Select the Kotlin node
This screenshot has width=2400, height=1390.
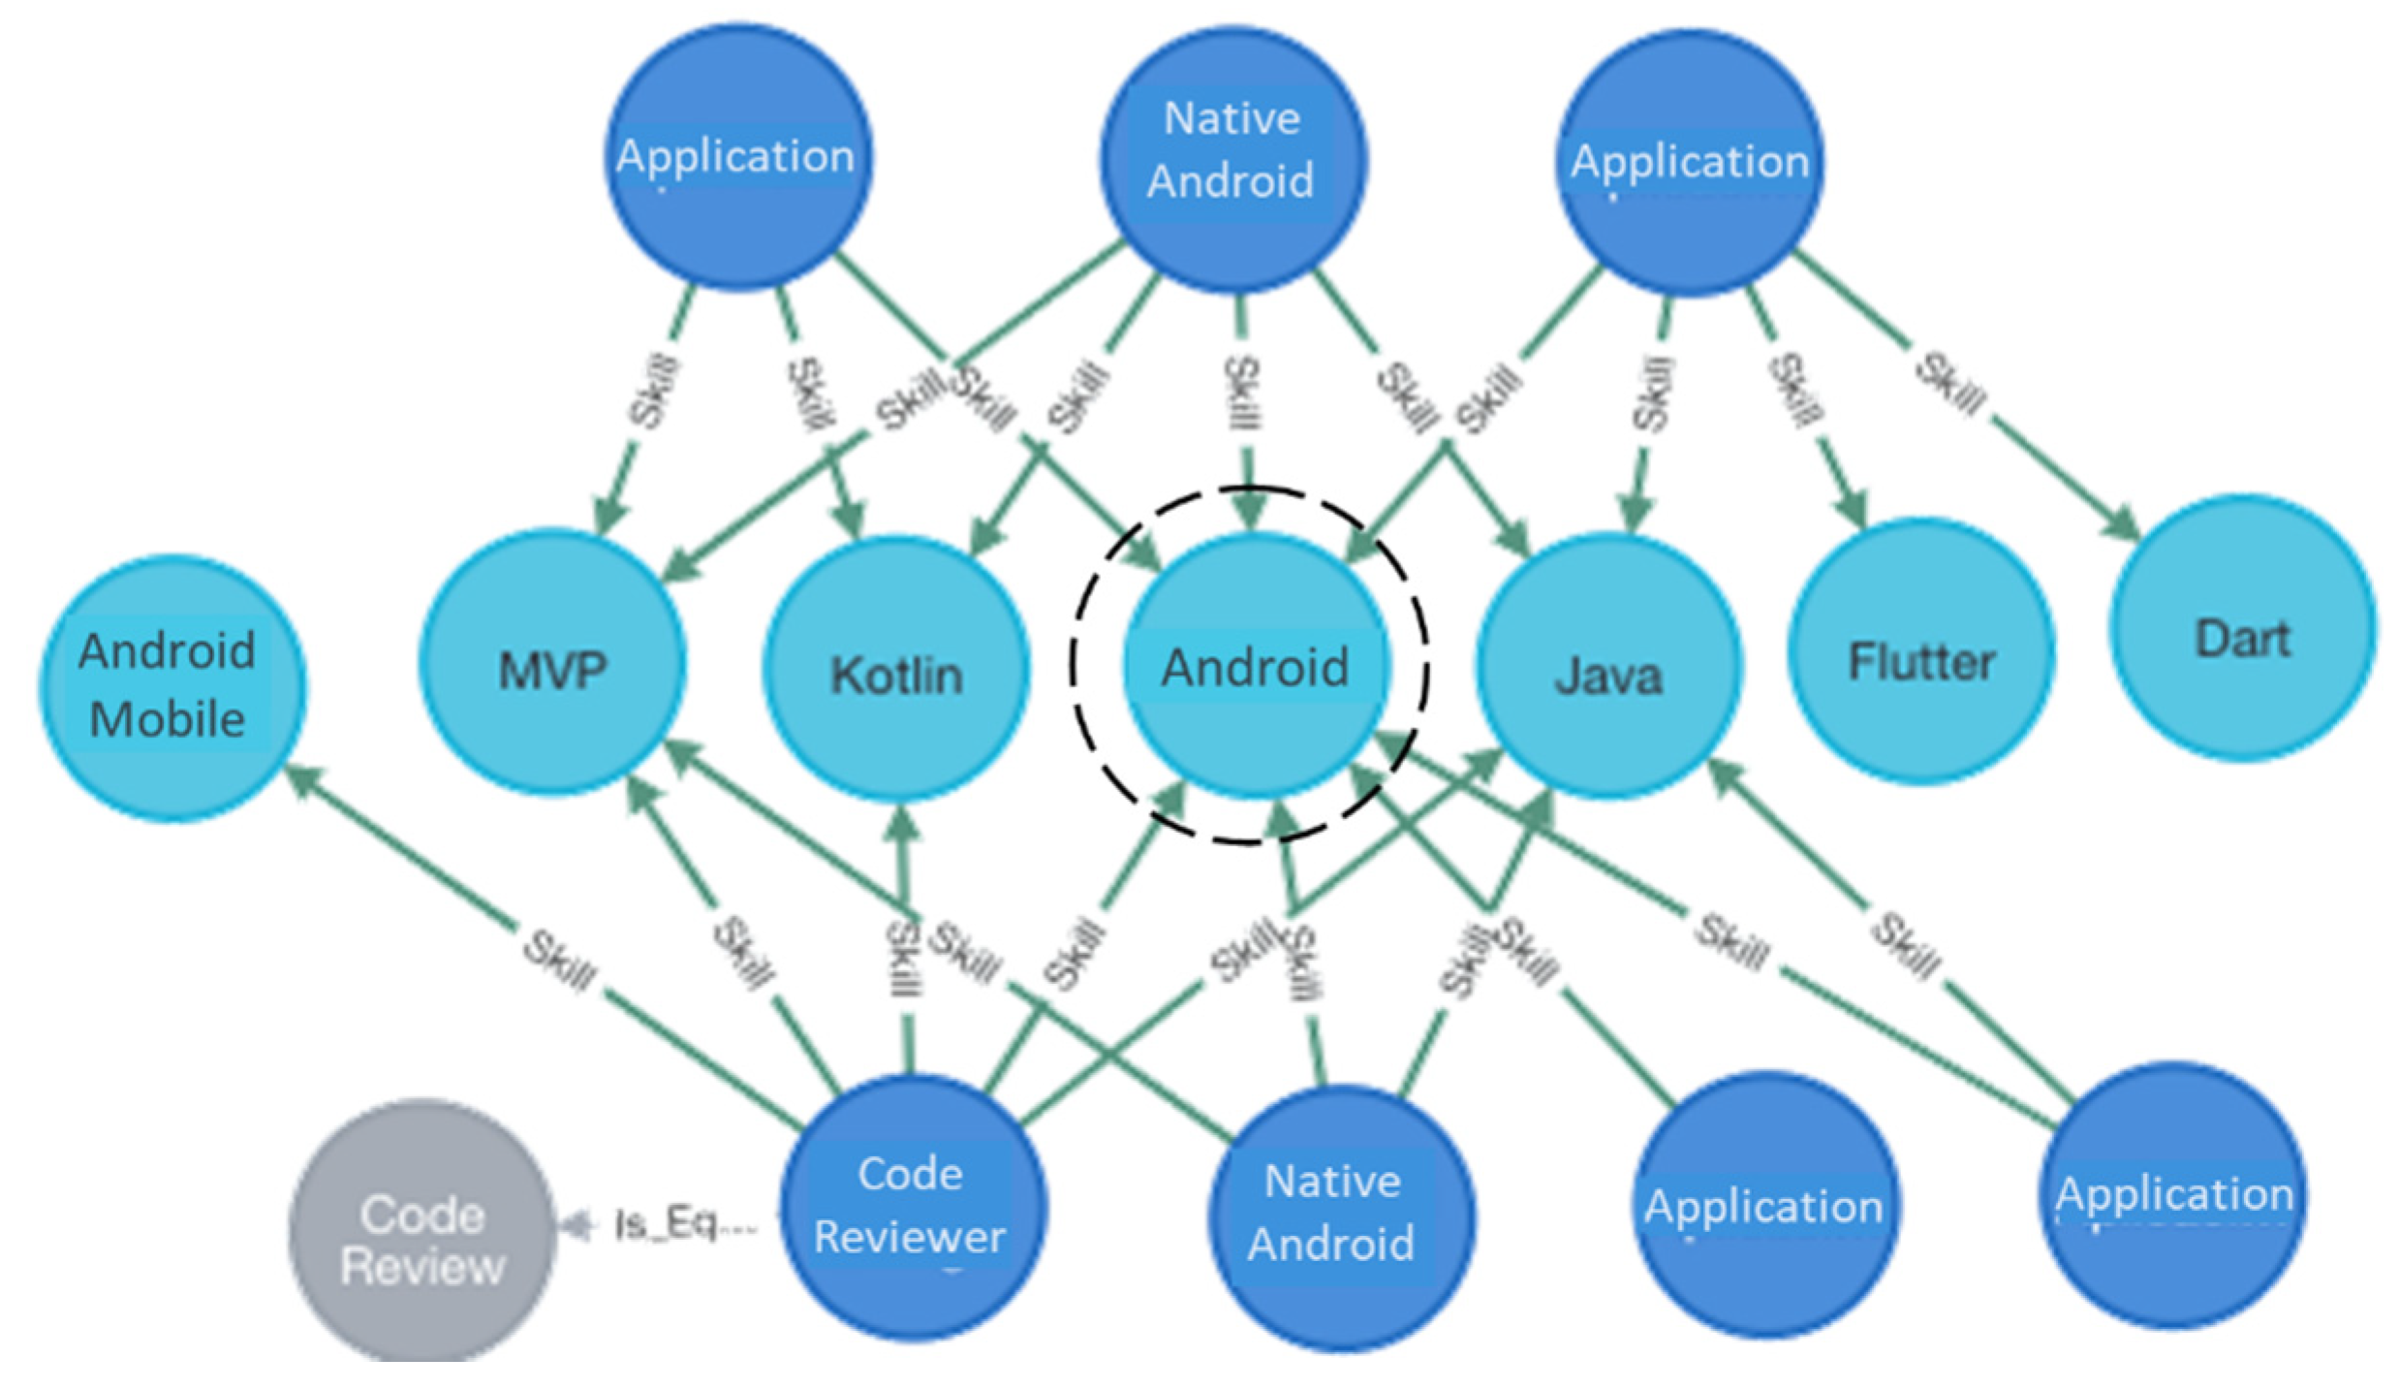[897, 675]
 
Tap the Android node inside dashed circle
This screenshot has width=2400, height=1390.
[1256, 667]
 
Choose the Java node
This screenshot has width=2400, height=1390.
[1608, 675]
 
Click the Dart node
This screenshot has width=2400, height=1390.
[2243, 638]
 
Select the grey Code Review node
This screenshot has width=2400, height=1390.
[422, 1240]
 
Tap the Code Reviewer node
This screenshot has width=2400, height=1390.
[911, 1206]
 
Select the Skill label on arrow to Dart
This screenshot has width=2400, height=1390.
[1949, 384]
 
